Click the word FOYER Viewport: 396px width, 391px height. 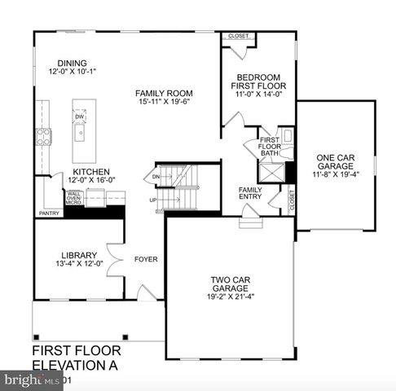[146, 260]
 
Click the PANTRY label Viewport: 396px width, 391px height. [48, 213]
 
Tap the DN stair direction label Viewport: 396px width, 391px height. [156, 176]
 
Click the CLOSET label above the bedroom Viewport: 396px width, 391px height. [239, 36]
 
